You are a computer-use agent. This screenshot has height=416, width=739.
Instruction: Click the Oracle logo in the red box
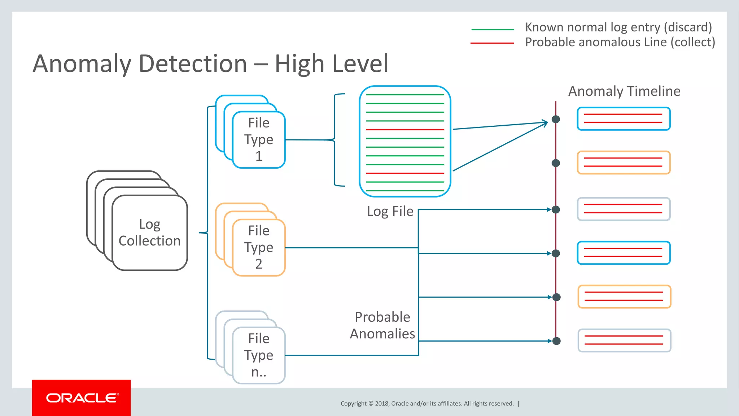82,398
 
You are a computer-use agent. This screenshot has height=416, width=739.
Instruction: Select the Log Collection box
149,233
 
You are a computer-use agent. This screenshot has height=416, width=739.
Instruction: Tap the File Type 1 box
259,139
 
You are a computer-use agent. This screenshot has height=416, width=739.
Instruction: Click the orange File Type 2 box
259,247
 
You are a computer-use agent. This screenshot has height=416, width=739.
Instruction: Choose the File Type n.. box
259,355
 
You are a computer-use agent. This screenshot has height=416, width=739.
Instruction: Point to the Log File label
390,211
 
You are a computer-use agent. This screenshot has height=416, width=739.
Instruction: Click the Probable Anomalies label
382,325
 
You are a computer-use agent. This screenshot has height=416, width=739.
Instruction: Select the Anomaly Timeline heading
624,91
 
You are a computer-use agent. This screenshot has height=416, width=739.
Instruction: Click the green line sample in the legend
493,29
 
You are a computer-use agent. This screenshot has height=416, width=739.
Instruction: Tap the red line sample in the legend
492,43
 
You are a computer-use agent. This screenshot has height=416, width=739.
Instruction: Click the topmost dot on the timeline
556,119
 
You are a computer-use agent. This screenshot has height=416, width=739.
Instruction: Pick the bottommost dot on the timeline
556,341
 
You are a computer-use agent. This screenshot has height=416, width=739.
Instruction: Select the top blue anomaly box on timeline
624,119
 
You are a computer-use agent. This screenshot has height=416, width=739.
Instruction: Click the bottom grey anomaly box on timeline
624,340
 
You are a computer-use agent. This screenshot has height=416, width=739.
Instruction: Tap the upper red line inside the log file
405,130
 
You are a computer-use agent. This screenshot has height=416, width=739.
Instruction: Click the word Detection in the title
193,64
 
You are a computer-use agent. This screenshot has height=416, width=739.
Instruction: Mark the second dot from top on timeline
556,163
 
